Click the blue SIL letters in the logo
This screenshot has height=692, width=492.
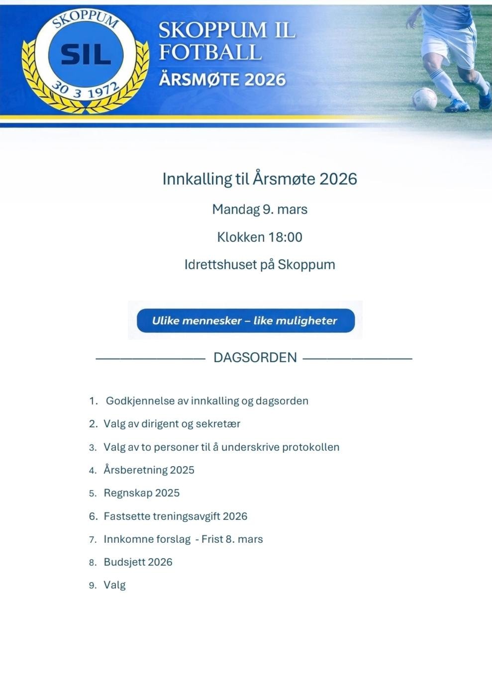coord(86,55)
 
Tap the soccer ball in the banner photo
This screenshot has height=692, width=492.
coord(424,99)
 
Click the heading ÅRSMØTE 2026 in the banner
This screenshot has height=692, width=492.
coord(222,80)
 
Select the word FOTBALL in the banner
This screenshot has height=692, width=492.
coord(209,52)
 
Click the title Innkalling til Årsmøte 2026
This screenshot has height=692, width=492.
coord(260,179)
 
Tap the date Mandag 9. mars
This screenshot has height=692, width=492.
coord(260,209)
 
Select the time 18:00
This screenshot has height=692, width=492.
coord(285,237)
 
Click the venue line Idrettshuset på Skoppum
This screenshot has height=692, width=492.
coord(260,264)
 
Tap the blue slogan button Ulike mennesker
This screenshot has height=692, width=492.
coord(245,320)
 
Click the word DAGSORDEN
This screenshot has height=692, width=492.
coord(255,357)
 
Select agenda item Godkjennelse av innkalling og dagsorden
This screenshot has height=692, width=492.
coord(207,400)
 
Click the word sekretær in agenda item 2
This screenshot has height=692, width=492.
coord(218,424)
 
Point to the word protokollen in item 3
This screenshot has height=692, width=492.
coord(310,447)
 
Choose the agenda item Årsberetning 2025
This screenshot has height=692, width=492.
coord(149,470)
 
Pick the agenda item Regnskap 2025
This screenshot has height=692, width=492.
coord(141,493)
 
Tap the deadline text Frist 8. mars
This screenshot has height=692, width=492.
coord(232,539)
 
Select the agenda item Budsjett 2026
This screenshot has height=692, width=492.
coord(138,562)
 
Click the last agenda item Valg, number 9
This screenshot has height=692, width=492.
coord(114,585)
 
